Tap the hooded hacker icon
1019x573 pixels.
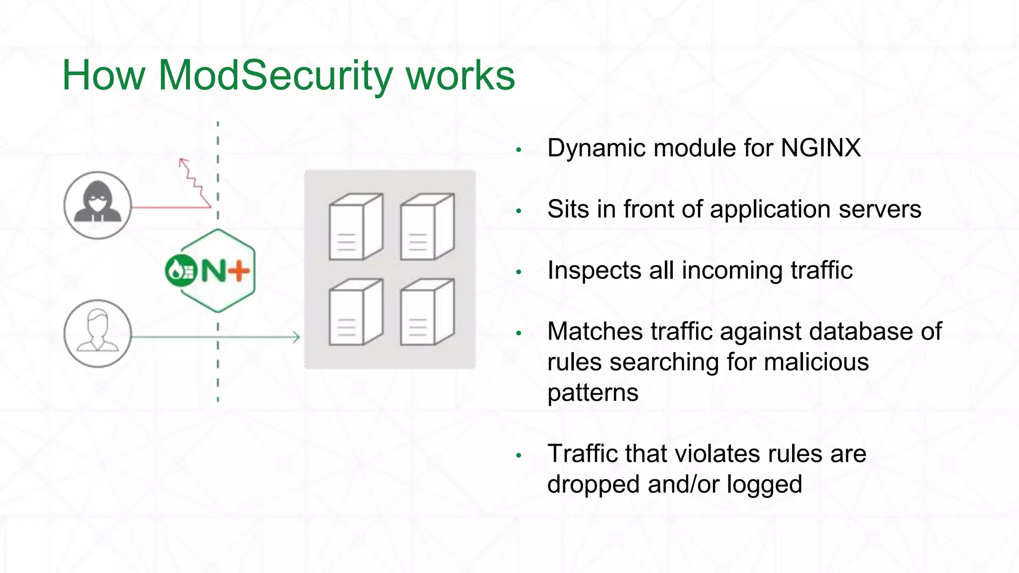[x=98, y=204]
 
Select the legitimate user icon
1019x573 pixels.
[x=98, y=333]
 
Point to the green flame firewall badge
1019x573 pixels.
[x=181, y=271]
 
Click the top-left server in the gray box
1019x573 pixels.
[x=356, y=227]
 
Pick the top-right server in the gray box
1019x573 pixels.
[x=427, y=227]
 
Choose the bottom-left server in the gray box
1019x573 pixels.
[x=356, y=312]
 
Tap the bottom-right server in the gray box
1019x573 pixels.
[x=427, y=312]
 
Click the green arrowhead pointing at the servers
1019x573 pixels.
[x=297, y=337]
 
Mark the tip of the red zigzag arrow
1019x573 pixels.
[x=182, y=161]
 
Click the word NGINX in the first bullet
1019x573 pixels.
[x=820, y=148]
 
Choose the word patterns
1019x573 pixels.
[x=593, y=393]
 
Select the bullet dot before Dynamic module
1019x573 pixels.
[x=518, y=149]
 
